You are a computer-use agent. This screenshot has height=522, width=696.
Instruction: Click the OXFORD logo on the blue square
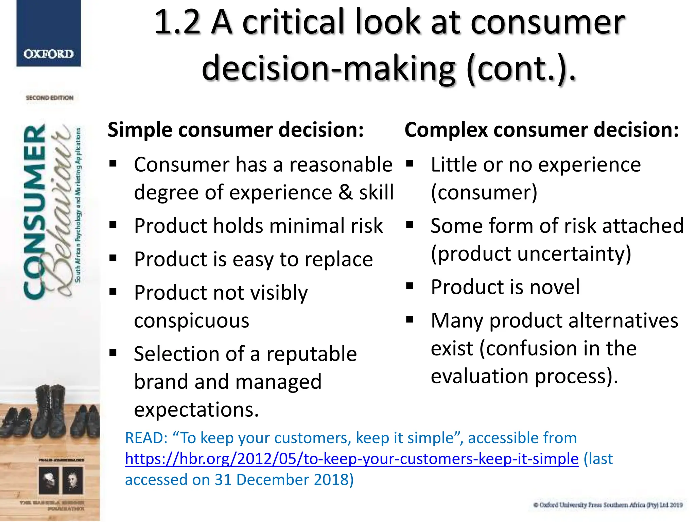(49, 54)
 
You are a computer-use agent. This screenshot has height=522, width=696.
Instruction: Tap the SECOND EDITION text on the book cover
(50, 98)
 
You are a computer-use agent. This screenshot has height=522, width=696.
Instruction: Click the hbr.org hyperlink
(351, 459)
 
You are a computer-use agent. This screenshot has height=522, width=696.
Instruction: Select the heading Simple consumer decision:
(236, 130)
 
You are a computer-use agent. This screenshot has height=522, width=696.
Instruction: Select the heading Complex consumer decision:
(541, 130)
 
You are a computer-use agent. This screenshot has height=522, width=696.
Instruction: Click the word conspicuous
(191, 320)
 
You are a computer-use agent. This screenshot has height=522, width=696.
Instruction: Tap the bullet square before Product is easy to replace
(113, 258)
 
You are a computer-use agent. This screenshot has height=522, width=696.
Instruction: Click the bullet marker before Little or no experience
(410, 163)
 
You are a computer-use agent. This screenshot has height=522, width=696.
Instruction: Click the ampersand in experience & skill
(346, 192)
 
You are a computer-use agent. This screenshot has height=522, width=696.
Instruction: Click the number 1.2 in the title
(177, 22)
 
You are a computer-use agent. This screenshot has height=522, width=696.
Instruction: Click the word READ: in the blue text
(146, 438)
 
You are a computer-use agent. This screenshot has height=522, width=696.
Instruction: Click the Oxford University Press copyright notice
(608, 505)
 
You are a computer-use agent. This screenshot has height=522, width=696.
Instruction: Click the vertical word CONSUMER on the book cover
(34, 211)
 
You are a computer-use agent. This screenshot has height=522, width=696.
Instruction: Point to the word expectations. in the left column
(196, 410)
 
